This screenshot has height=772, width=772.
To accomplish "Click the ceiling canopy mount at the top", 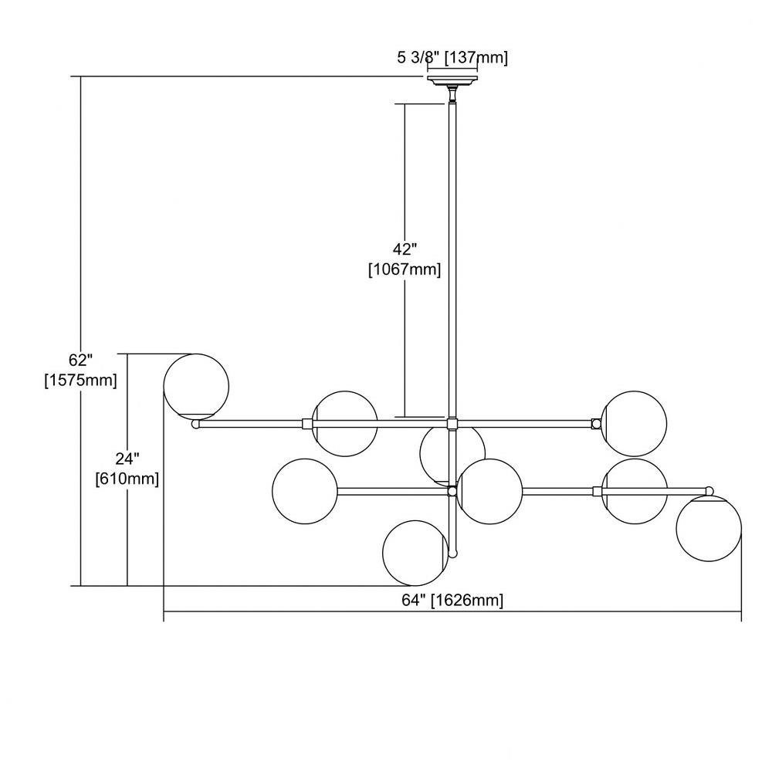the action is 452,81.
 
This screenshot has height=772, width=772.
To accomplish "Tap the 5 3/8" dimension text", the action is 418,58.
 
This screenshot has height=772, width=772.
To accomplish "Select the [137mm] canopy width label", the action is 476,58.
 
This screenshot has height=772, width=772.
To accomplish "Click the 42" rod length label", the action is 405,249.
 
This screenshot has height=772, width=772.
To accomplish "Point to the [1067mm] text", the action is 405,269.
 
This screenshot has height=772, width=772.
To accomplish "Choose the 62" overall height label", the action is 81,360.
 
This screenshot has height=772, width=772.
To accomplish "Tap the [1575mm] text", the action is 81,380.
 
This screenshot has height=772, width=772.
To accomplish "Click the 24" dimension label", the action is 127,459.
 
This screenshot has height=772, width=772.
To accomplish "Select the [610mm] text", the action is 127,479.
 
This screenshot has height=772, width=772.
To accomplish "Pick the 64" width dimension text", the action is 413,600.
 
